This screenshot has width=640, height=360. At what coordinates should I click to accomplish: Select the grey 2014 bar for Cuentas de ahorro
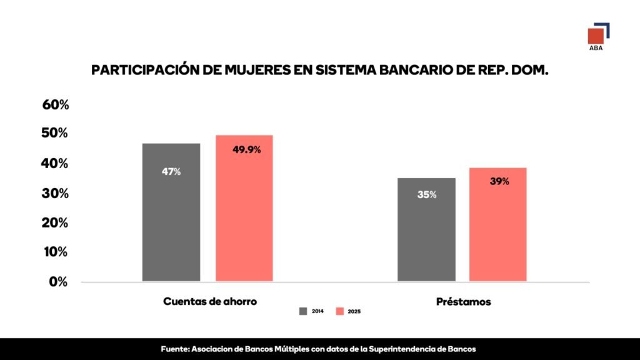click(x=171, y=212)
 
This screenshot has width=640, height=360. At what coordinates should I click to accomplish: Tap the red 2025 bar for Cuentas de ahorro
click(x=244, y=208)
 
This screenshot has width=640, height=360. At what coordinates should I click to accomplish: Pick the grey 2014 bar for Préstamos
click(x=427, y=229)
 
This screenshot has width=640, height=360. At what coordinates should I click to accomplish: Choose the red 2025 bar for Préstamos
click(x=498, y=224)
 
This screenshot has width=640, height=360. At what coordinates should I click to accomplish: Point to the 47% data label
click(x=171, y=171)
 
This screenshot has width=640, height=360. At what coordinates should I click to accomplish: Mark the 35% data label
click(x=427, y=195)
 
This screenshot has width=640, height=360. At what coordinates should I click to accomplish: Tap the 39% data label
click(x=499, y=182)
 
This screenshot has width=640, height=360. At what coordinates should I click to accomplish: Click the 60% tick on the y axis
click(x=56, y=104)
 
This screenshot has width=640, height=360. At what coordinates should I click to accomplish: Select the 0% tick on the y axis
click(x=58, y=282)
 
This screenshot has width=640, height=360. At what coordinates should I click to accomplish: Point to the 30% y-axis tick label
click(x=56, y=194)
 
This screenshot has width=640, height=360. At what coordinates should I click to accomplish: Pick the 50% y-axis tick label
click(x=56, y=134)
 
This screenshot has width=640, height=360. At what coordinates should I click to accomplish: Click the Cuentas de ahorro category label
click(x=210, y=302)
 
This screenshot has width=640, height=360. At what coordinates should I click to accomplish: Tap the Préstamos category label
click(x=463, y=302)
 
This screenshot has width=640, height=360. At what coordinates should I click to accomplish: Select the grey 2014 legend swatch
click(x=303, y=311)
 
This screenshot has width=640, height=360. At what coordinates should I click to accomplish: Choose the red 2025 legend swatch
click(x=340, y=311)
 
